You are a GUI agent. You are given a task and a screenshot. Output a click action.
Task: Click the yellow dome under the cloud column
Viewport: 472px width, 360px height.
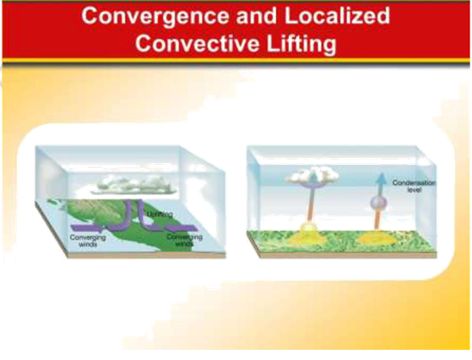(x=309, y=232)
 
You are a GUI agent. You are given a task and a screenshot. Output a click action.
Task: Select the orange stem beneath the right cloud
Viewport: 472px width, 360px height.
(x=310, y=207)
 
